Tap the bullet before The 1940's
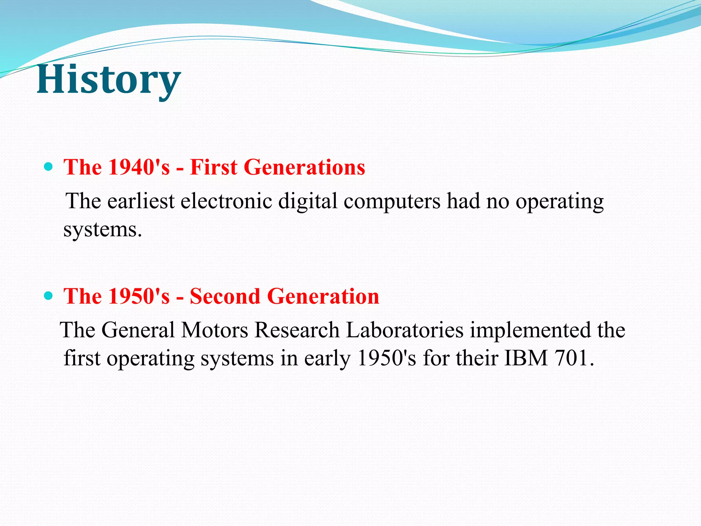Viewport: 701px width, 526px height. [x=49, y=167]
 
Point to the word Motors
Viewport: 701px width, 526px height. [x=215, y=330]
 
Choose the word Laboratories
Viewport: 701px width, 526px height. [x=405, y=330]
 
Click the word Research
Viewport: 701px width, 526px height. [x=297, y=330]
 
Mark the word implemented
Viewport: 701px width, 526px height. [x=530, y=331]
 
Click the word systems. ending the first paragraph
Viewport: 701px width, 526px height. [x=102, y=230]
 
